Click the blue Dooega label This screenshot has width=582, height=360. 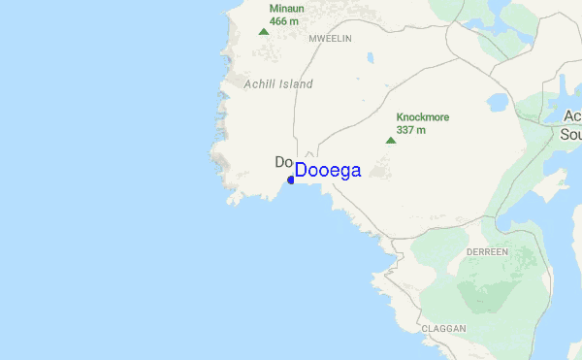pyautogui.click(x=328, y=171)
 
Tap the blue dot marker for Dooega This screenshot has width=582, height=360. pyautogui.click(x=291, y=180)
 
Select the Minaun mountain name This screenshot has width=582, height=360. pyautogui.click(x=286, y=9)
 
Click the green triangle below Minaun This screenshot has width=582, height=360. pyautogui.click(x=263, y=31)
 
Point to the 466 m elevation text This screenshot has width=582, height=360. pyautogui.click(x=283, y=20)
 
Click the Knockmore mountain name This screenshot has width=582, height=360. pyautogui.click(x=423, y=116)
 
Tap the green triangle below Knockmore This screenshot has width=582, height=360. pyautogui.click(x=391, y=140)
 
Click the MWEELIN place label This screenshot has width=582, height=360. pyautogui.click(x=330, y=38)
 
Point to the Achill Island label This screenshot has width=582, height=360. pyautogui.click(x=279, y=84)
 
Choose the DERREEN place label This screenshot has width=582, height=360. pyautogui.click(x=487, y=251)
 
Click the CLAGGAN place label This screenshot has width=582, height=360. pyautogui.click(x=444, y=329)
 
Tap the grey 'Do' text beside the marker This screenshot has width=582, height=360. pyautogui.click(x=284, y=162)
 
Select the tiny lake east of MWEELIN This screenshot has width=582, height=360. pyautogui.click(x=370, y=58)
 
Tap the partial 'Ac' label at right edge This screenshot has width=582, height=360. pyautogui.click(x=572, y=116)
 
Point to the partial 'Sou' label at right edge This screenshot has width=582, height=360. pyautogui.click(x=570, y=134)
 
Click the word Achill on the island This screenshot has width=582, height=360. pyautogui.click(x=261, y=84)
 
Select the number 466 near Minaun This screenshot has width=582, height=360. pyautogui.click(x=277, y=20)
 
